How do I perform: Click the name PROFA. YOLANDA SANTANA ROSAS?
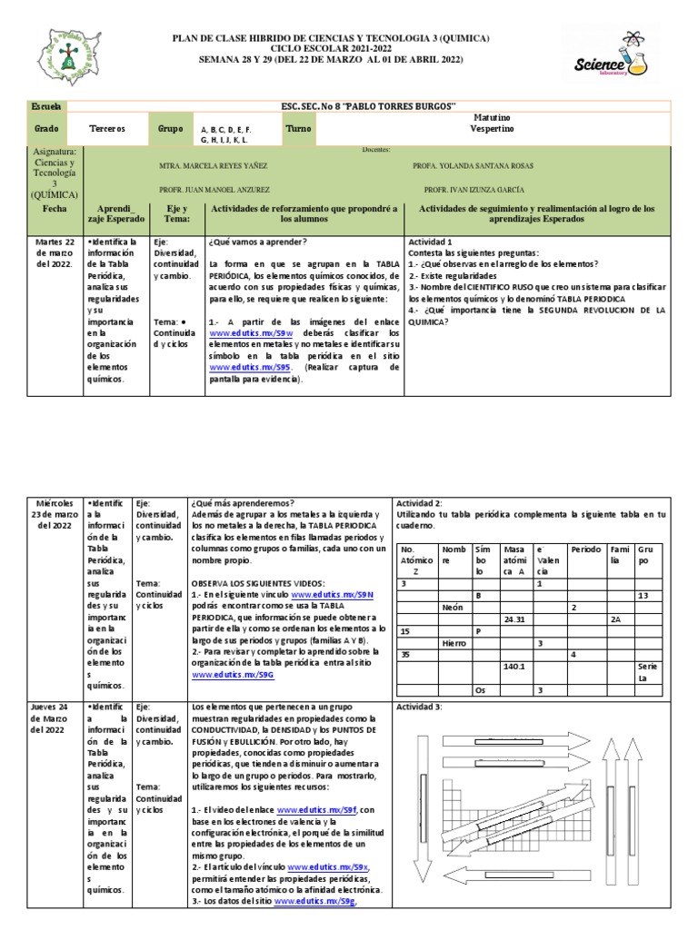pyautogui.click(x=473, y=166)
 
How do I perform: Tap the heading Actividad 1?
pyautogui.click(x=430, y=242)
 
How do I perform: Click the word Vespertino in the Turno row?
pyautogui.click(x=492, y=129)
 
